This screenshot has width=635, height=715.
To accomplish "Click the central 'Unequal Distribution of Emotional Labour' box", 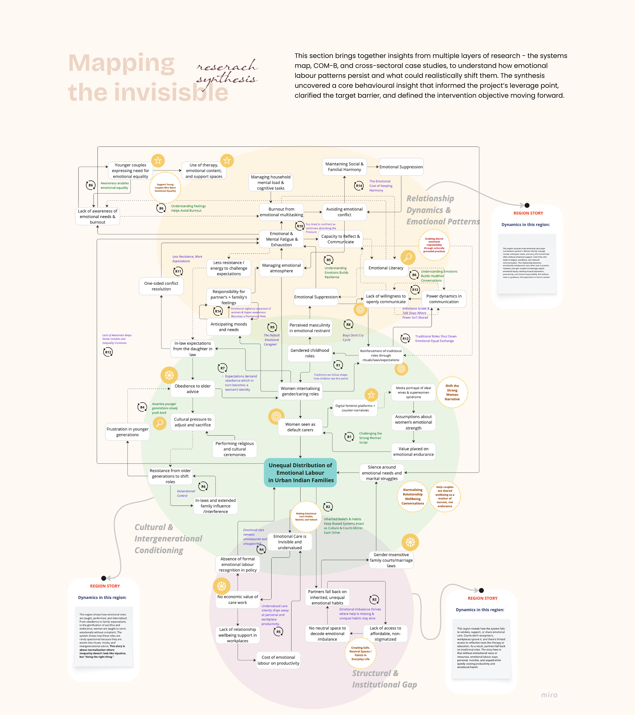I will (300, 473).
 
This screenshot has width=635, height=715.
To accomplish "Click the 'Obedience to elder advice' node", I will (192, 389).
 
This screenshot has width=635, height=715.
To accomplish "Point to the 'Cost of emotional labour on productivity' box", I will (278, 660).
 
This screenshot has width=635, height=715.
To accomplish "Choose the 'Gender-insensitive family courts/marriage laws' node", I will (391, 560).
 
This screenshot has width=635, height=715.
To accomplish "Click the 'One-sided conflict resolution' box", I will (161, 286).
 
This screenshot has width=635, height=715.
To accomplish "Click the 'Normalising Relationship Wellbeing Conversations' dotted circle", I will (413, 496).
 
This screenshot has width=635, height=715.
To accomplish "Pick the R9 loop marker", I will (272, 327).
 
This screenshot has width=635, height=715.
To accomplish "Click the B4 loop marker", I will (142, 407).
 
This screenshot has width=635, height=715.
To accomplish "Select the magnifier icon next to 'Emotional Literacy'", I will (407, 258).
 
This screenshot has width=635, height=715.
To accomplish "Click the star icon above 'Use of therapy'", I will (227, 161).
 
